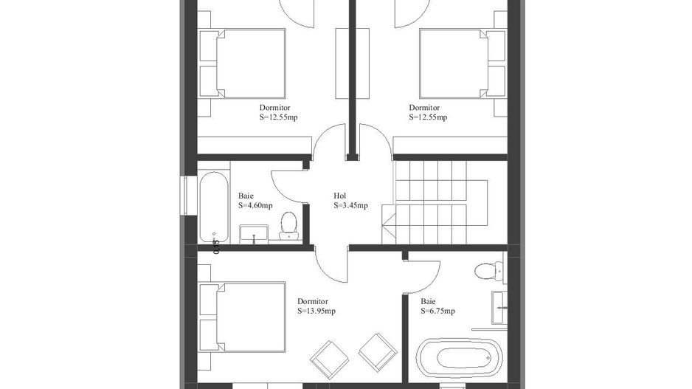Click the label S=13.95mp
tap(316, 311)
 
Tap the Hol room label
tap(340, 196)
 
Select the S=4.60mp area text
tap(255, 205)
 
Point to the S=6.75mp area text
tap(437, 311)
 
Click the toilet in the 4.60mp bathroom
tap(288, 226)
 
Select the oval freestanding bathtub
tap(460, 358)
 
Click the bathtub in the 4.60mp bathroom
tap(214, 207)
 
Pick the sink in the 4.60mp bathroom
tap(254, 233)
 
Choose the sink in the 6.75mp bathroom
tap(499, 308)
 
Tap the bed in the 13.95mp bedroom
tap(243, 317)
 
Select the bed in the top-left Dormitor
tap(243, 63)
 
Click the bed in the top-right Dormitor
tap(462, 63)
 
